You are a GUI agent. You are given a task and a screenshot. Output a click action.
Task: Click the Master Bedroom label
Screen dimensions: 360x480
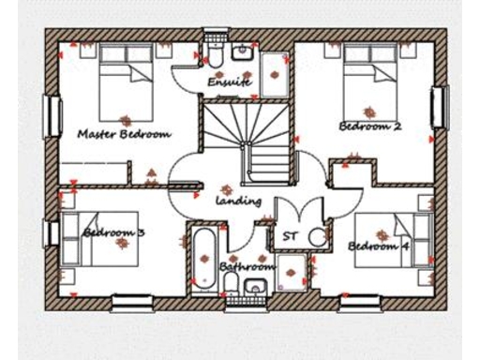(x=125, y=133)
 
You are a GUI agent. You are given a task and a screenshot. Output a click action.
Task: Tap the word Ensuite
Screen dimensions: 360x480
(x=229, y=82)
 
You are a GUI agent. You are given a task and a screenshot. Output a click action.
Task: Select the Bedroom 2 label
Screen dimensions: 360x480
(x=370, y=126)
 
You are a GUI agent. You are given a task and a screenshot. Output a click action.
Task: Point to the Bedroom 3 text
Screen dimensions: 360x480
(x=113, y=232)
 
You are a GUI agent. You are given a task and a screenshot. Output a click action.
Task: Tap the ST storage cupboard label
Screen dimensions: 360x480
(x=290, y=235)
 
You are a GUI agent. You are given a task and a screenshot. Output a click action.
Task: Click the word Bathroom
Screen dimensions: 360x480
(x=245, y=266)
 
